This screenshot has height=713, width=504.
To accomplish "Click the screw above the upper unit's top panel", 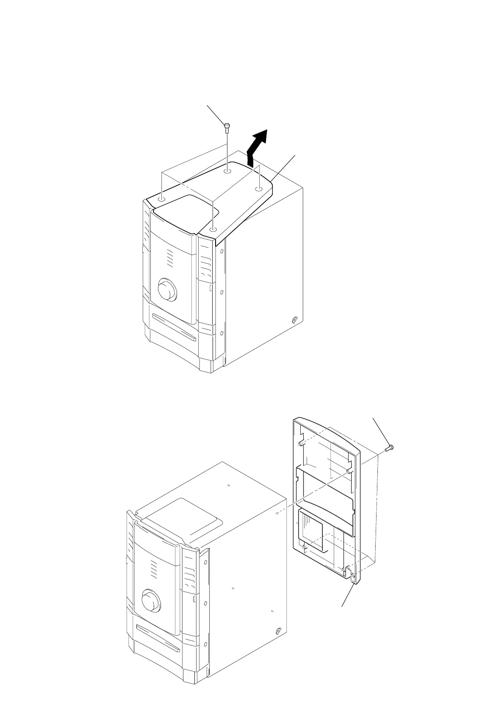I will coord(227,126).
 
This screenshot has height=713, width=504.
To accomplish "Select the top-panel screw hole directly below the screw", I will coord(227,171).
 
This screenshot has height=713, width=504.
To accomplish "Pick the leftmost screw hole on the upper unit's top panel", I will coord(162,199).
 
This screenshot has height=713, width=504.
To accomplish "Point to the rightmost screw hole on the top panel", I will coord(258,188).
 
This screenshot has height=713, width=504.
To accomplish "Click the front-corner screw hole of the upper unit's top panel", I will coord(213,229).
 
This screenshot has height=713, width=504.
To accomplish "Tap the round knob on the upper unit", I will coord(167,290).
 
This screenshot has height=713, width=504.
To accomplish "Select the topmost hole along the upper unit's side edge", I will coord(222,250).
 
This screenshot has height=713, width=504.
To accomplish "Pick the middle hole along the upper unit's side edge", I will coord(222,292).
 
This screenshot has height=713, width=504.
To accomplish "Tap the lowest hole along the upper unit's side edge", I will coord(222,333).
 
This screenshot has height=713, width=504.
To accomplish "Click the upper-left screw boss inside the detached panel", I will coord(300,443).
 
